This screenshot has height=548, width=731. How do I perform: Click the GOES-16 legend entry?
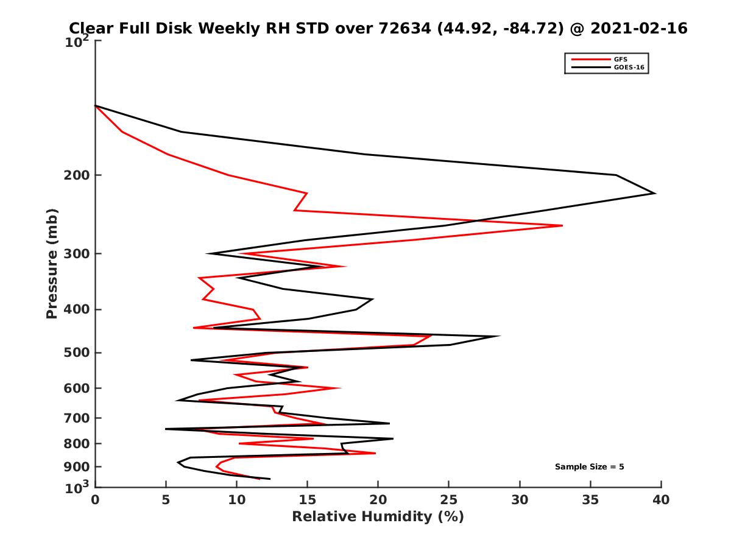coord(627,67)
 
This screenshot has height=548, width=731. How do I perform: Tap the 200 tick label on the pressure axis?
coord(76,175)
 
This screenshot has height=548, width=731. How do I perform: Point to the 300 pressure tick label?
coord(76,254)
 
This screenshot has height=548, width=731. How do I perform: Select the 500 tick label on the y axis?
coord(76,353)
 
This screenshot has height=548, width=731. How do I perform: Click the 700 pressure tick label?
coord(76,418)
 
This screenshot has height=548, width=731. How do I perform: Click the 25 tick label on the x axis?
coord(448,501)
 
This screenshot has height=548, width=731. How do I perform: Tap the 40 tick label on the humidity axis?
coord(660,501)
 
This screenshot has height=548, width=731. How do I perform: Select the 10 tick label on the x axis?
coord(236,501)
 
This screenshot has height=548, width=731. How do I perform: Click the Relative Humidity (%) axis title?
coord(378,517)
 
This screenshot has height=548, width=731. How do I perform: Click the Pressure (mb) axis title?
coord(52,264)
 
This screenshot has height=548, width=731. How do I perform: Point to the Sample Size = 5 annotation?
coord(589,467)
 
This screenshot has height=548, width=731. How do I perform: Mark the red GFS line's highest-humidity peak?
coord(562,226)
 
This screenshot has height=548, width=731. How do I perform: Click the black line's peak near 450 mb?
coord(500,336)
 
